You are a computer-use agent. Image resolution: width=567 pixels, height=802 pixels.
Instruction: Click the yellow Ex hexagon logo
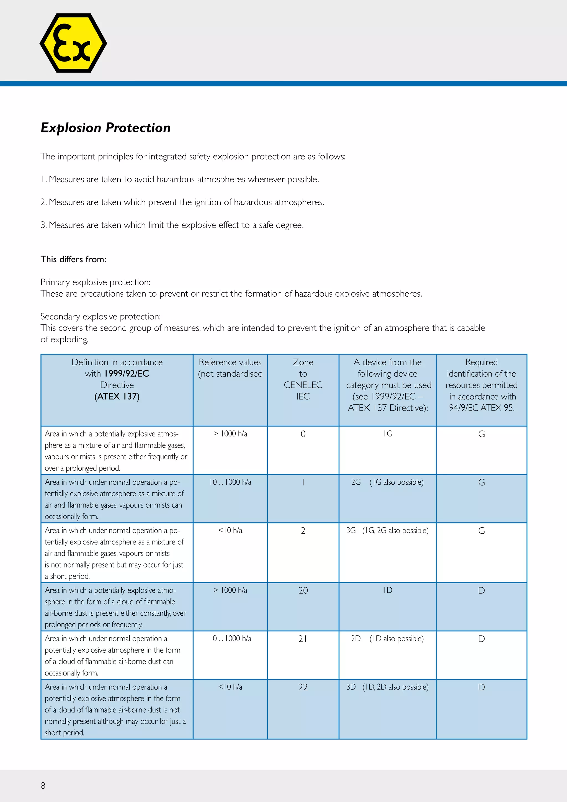(73, 43)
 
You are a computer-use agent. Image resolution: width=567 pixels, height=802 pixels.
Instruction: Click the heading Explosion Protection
(105, 128)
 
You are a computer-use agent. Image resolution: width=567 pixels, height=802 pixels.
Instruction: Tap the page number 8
(43, 786)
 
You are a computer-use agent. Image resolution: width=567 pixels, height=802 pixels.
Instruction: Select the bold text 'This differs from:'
(73, 259)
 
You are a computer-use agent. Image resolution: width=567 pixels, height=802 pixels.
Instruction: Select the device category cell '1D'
(388, 590)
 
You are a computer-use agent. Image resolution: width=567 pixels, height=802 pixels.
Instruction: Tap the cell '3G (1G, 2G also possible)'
(387, 530)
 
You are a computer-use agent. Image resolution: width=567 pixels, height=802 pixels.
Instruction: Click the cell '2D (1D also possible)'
(387, 639)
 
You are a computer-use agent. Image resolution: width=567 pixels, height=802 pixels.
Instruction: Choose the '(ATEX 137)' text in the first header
(117, 397)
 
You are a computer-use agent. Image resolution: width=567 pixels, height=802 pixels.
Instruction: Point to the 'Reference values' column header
(230, 362)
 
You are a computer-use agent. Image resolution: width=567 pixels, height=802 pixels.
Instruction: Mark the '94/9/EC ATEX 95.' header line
(481, 408)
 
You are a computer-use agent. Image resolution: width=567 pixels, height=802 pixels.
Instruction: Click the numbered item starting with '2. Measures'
(182, 202)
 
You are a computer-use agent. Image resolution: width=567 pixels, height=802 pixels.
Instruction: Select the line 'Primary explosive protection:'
(95, 282)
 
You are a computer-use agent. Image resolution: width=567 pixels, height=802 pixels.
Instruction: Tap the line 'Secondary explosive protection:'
(100, 317)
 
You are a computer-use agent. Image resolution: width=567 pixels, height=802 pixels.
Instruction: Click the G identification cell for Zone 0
(481, 434)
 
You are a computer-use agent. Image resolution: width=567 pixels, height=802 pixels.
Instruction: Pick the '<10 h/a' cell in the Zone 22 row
(230, 687)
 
